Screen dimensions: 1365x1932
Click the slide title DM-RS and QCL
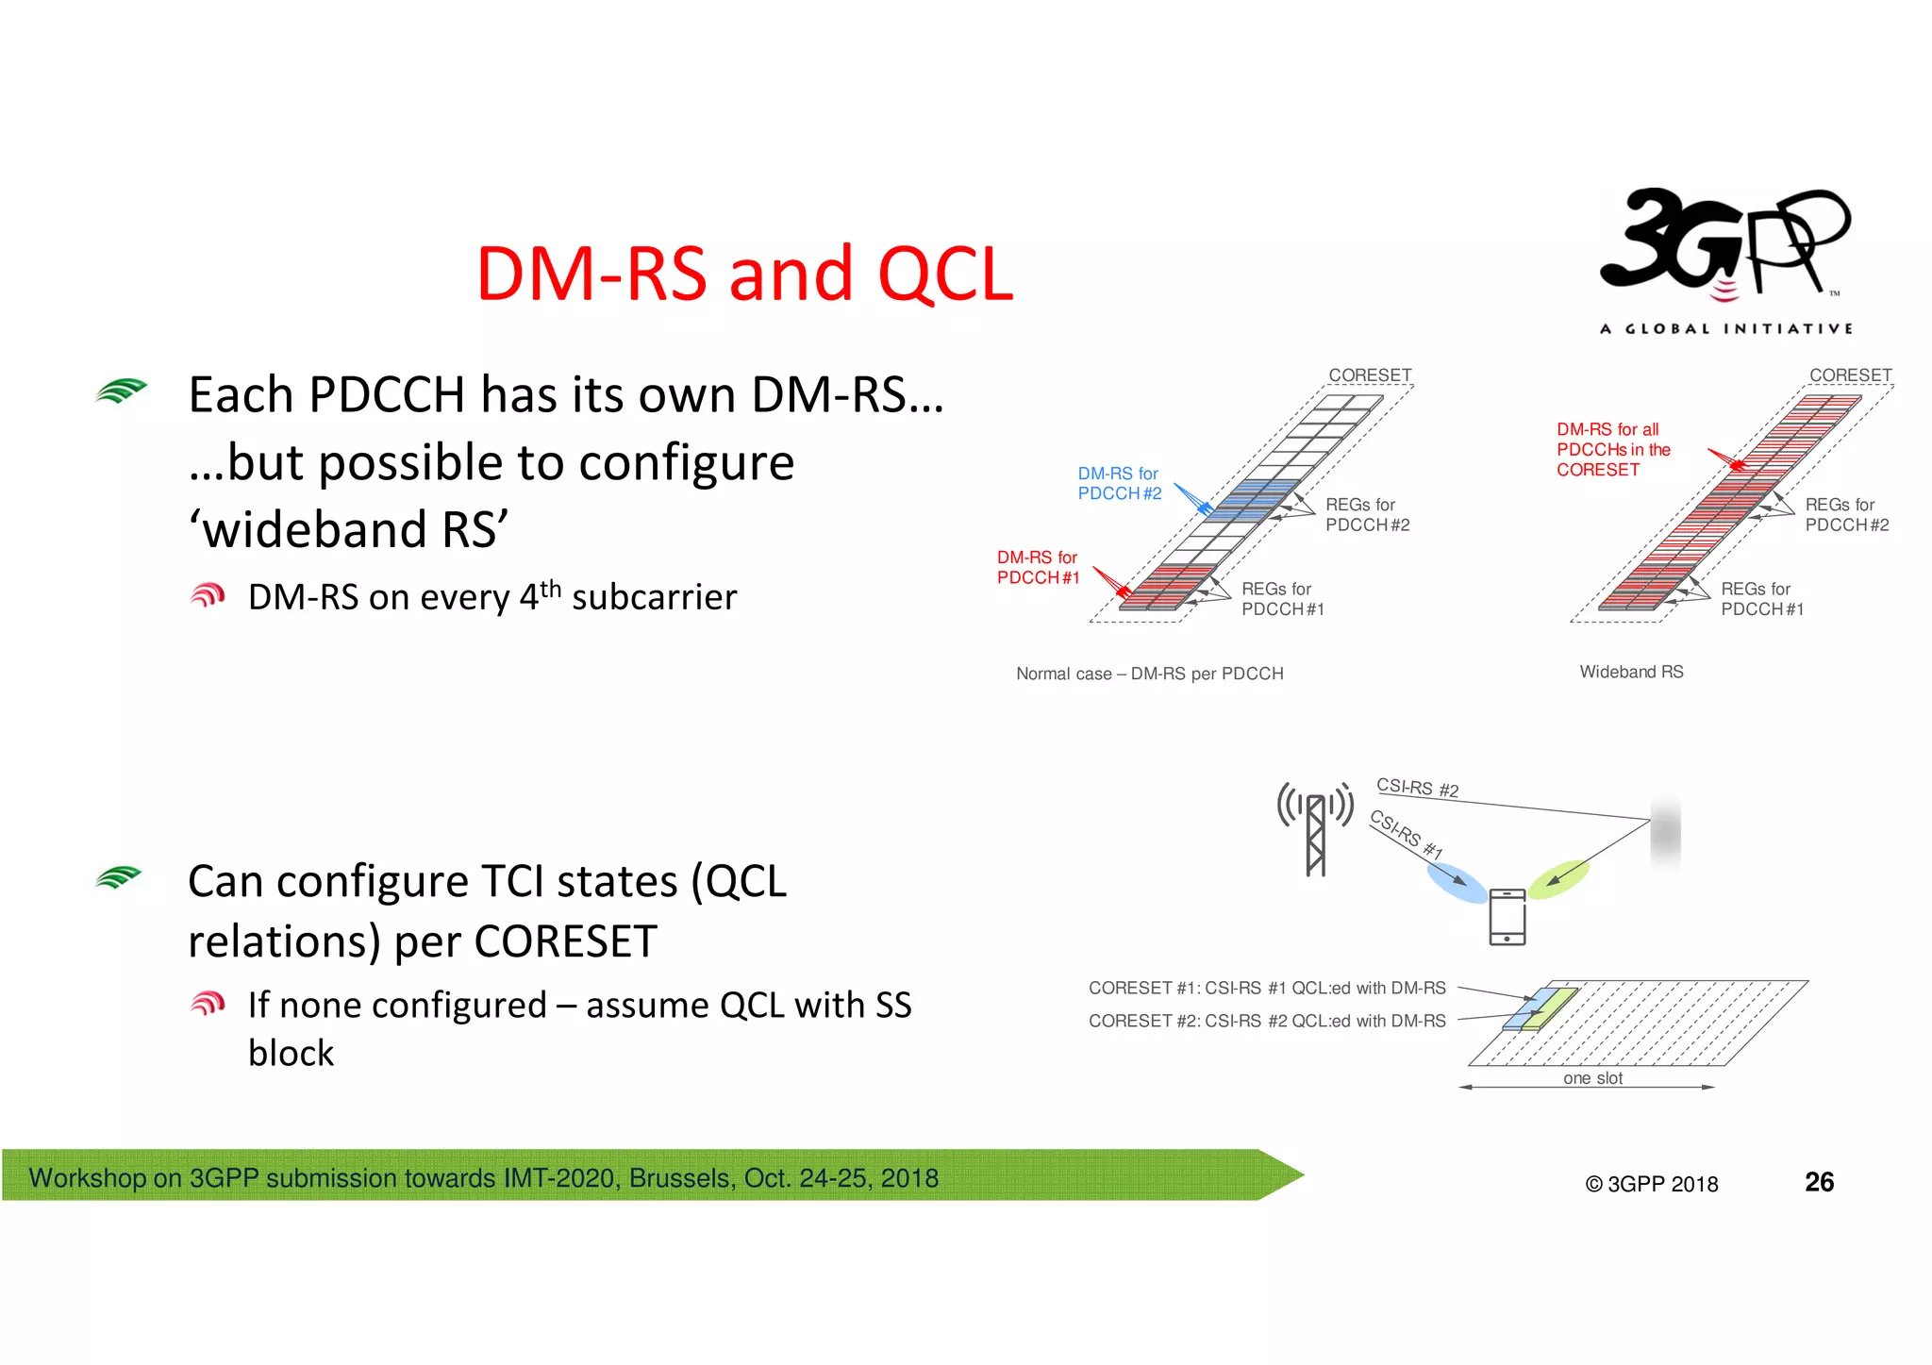744,274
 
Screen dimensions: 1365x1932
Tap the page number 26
1819,1182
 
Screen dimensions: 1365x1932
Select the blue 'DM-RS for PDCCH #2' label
1119,484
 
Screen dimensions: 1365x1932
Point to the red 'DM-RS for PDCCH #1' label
1038,568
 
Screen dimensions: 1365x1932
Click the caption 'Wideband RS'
1631,672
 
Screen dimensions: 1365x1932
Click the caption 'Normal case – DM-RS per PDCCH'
1149,674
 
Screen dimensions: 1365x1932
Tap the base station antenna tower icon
1315,828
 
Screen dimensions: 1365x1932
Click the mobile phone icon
1507,916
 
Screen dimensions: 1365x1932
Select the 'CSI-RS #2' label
1417,788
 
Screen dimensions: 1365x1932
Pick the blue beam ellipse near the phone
1457,883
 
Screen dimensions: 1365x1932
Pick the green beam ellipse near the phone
1558,878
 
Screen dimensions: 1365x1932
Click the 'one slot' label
1592,1078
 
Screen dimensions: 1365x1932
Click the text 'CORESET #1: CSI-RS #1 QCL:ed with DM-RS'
1266,988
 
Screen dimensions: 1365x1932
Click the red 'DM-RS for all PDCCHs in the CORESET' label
1612,450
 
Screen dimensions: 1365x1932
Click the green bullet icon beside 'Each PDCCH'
121,391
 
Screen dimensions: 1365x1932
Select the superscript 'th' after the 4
550,589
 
